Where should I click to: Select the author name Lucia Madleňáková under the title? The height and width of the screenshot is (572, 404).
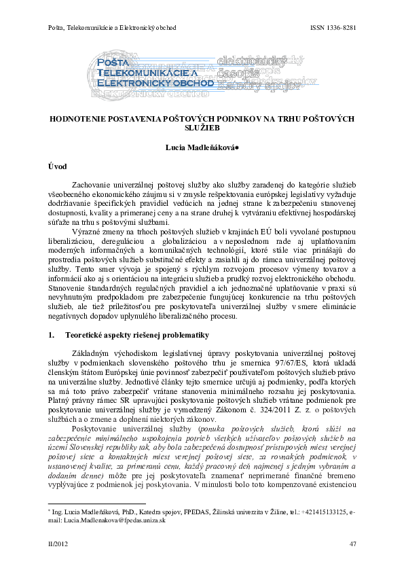tap(202, 147)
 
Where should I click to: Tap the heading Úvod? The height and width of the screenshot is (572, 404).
tap(56, 166)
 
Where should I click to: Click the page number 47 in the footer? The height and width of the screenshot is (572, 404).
tap(352, 544)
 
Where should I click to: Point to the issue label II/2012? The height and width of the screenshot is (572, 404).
tap(58, 544)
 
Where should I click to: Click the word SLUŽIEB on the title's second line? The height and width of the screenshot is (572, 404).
tap(202, 127)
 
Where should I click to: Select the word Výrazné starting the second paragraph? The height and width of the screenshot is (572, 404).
tap(87, 233)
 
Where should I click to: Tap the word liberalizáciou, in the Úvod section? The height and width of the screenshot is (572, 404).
tap(74, 243)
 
